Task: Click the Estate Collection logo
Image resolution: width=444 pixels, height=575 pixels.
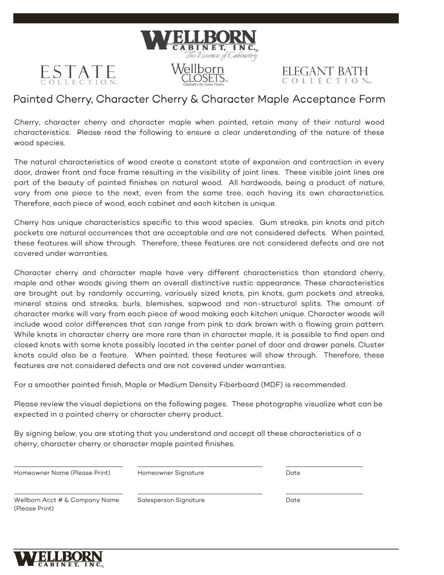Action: (78, 75)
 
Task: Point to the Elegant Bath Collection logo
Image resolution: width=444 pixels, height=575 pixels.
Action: (326, 75)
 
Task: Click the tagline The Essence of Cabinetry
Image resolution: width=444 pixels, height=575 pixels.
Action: (221, 55)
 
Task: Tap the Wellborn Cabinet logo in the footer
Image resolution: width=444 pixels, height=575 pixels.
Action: (58, 559)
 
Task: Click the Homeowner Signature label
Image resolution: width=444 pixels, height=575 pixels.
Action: (170, 473)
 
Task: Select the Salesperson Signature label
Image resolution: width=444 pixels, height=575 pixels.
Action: (171, 500)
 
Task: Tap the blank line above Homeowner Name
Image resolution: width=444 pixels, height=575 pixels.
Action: (68, 466)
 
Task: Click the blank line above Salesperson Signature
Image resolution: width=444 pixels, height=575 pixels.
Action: (200, 493)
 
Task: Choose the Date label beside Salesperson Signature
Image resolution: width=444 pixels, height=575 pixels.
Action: (293, 500)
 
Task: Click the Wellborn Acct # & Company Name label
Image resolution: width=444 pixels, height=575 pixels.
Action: (66, 500)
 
